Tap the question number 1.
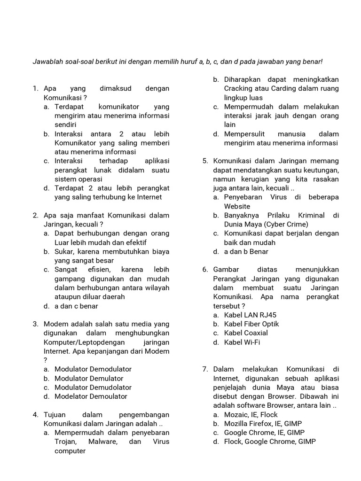point(35,88)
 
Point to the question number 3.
point(35,324)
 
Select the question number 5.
point(205,161)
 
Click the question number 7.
point(205,370)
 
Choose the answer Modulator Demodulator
point(93,369)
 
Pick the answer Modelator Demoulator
point(91,396)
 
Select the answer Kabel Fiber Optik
point(251,324)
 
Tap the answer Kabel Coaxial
point(246,333)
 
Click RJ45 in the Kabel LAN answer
point(266,315)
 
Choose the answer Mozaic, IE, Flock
point(251,415)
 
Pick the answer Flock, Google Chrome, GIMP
point(270,442)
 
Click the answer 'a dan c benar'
point(76,306)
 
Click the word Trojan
point(66,442)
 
